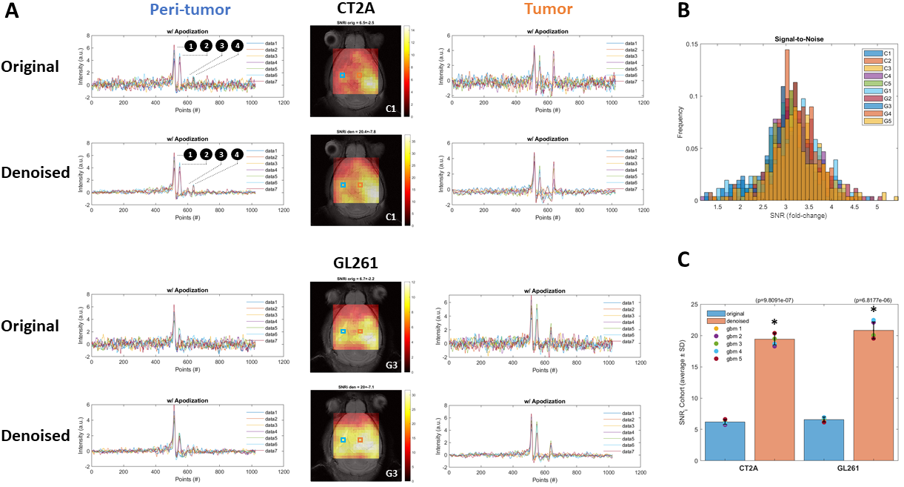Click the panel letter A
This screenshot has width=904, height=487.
[x=12, y=13]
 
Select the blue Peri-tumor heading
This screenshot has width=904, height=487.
[x=189, y=10]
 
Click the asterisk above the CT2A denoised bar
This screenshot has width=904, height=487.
[x=774, y=323]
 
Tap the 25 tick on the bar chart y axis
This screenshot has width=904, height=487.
[x=693, y=305]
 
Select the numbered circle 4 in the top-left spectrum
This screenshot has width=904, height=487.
[x=236, y=46]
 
